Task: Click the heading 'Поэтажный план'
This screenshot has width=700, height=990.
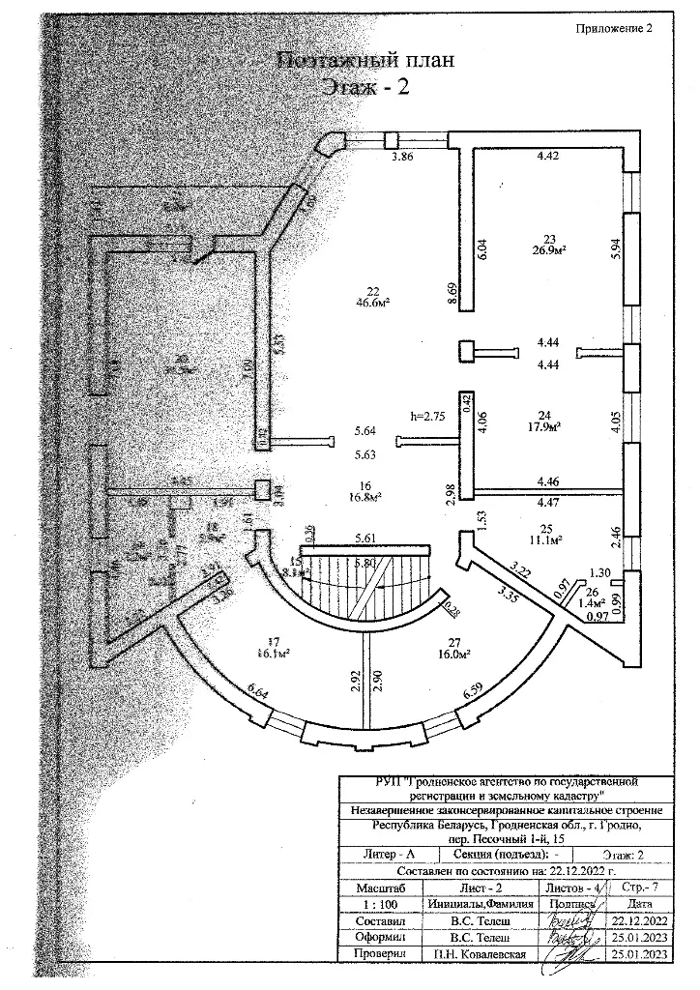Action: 365,61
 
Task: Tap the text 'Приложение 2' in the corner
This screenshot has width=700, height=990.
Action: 615,28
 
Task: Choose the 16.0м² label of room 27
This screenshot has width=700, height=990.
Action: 452,654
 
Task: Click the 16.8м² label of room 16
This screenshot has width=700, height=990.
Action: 364,498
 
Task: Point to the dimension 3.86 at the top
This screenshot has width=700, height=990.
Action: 401,156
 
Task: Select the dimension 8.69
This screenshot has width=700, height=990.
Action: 451,294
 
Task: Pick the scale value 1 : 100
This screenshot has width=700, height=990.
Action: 374,903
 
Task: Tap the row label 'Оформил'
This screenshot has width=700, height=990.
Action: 374,938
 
